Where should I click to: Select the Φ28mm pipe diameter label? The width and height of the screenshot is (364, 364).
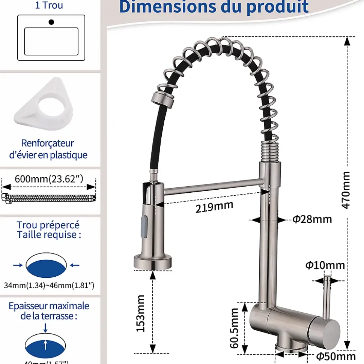click(x=312, y=219)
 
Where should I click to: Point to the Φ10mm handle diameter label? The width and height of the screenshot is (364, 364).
click(x=325, y=265)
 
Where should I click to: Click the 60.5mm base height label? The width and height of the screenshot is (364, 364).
click(x=235, y=328)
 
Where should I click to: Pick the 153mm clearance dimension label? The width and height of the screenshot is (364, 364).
click(x=141, y=313)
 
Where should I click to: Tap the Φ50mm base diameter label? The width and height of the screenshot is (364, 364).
click(x=335, y=356)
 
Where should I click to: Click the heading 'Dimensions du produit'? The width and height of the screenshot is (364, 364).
click(x=214, y=7)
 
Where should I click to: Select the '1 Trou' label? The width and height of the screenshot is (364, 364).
click(x=49, y=6)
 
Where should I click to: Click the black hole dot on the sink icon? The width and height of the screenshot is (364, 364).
click(x=51, y=22)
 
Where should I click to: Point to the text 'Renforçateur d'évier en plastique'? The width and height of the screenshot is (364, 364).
click(x=48, y=149)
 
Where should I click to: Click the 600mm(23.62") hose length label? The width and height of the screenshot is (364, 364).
click(x=49, y=179)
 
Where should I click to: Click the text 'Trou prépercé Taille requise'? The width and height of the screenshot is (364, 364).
click(x=48, y=230)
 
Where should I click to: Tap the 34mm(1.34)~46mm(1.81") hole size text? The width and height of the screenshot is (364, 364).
click(x=49, y=286)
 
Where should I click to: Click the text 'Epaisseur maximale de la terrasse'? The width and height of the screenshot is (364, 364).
click(x=49, y=311)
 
